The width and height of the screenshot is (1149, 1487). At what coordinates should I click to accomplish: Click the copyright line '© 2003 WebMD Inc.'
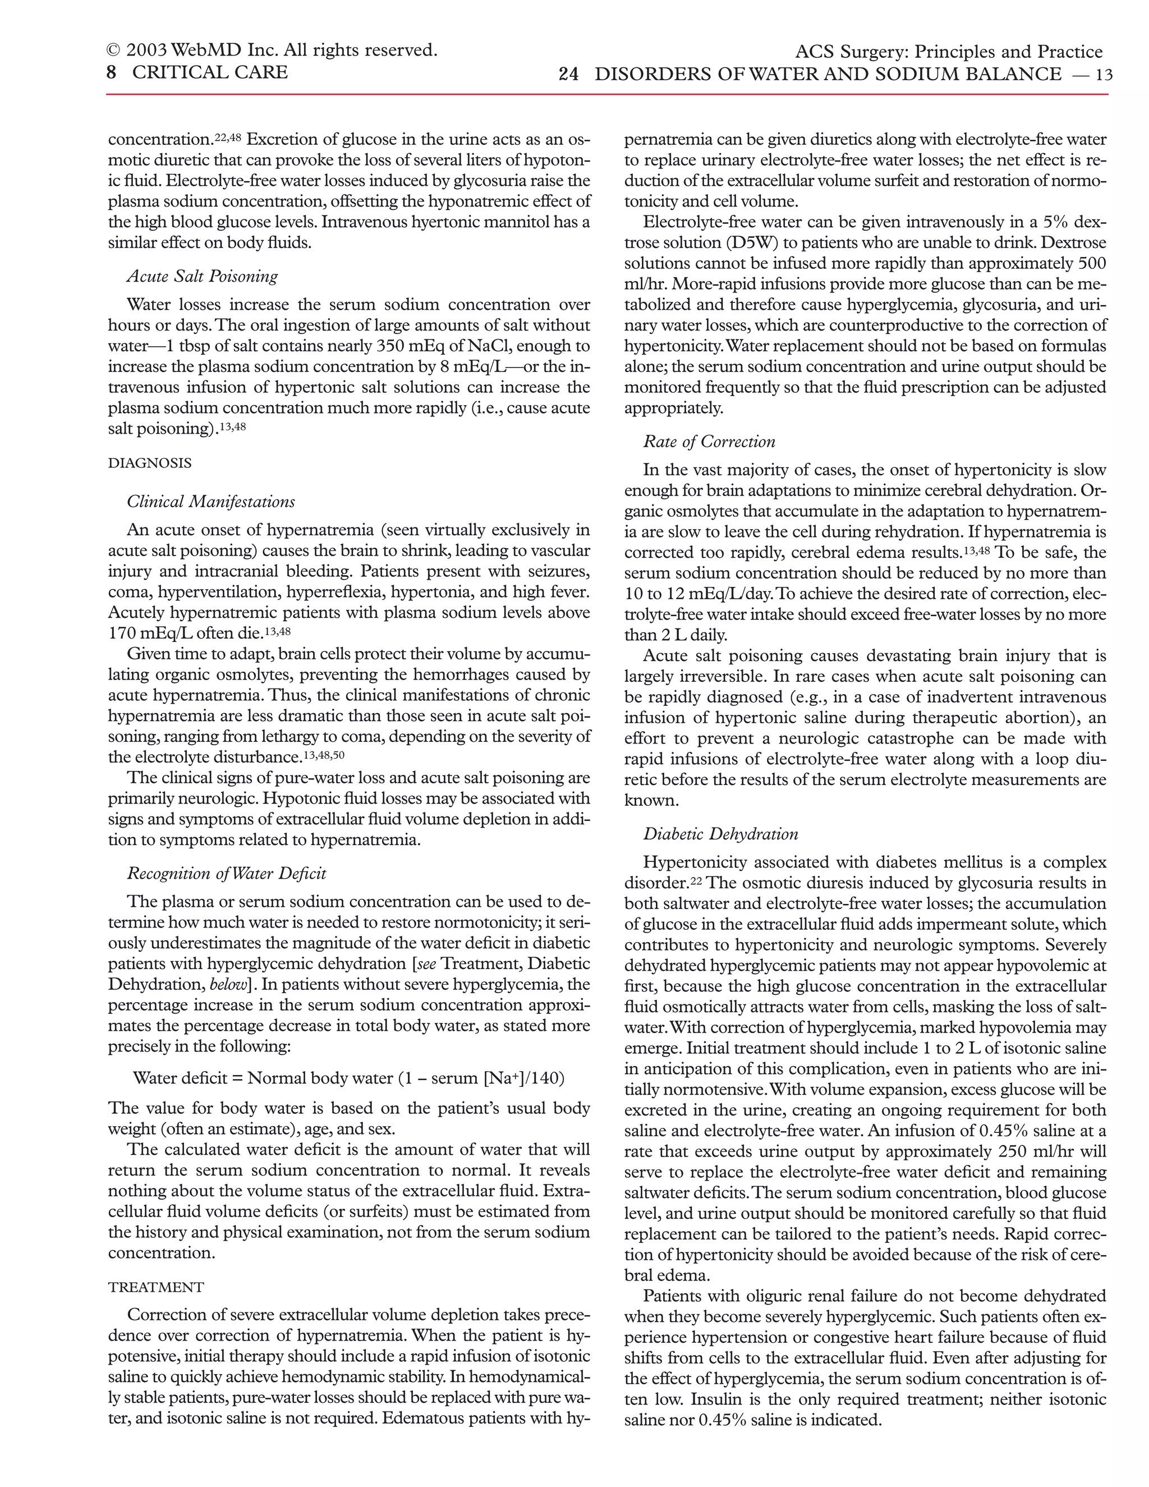coord(271,50)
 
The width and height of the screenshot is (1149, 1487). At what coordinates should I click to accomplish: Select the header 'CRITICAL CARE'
coord(210,72)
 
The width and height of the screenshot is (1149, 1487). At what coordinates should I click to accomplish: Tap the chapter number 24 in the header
coord(568,74)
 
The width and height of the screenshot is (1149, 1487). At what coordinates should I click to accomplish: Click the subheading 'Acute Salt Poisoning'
coord(202,277)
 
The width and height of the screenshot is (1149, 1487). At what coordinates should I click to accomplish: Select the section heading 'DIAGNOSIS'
coord(150,463)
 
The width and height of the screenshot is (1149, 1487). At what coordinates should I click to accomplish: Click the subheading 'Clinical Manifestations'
coord(211,502)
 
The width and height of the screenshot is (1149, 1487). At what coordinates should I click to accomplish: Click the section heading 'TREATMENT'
coord(156,1287)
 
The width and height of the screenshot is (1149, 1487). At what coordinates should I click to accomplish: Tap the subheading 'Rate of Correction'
coord(709,442)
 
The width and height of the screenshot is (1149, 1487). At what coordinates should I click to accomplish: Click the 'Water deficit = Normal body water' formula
coord(348,1078)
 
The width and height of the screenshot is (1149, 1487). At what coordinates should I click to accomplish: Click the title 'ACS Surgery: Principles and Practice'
coord(948,52)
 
